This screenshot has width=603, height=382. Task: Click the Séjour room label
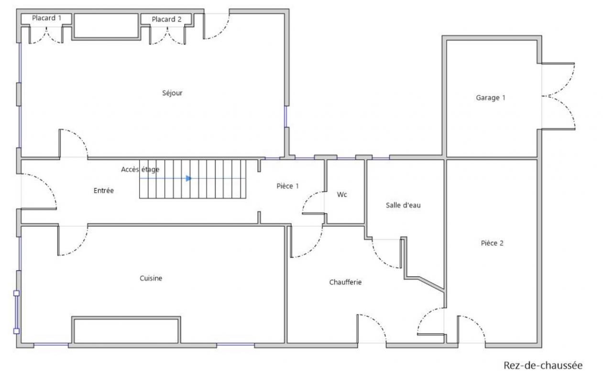[x=172, y=93]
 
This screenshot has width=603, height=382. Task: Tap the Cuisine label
[x=151, y=278]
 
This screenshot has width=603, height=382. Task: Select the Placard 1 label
[x=46, y=18]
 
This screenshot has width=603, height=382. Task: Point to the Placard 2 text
[x=166, y=20]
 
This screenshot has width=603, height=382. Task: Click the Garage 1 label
[x=491, y=97]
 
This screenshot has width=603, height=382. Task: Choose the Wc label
[x=342, y=194]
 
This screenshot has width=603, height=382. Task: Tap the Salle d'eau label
[x=403, y=205]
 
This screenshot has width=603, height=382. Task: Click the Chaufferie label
[x=345, y=282]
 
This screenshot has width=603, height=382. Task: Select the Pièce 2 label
[x=492, y=244]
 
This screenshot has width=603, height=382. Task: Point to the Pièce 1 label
[x=287, y=186]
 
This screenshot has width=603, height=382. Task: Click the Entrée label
[x=104, y=191]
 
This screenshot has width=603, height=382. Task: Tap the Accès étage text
[x=140, y=170]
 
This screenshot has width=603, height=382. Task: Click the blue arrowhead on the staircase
[x=189, y=178]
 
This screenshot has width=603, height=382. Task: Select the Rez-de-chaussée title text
[x=543, y=366]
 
